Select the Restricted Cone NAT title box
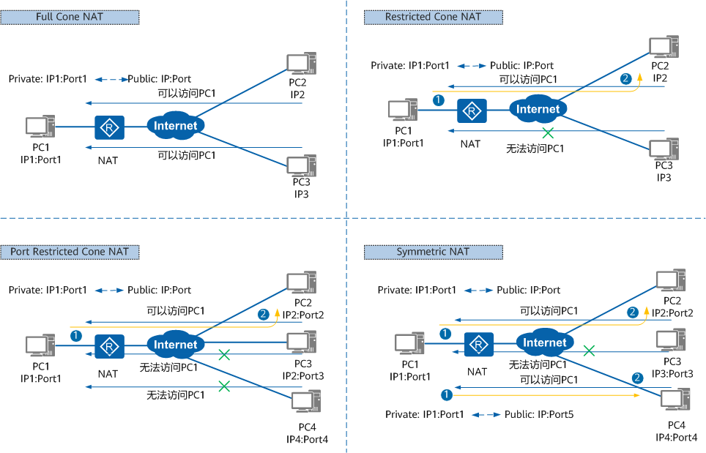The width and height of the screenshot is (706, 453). (x=433, y=16)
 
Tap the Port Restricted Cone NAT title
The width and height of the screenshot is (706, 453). (x=70, y=252)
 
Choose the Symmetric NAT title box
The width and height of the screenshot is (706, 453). (x=433, y=252)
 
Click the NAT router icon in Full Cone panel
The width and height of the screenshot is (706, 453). (x=110, y=128)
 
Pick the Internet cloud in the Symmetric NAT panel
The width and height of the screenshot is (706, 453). (x=545, y=342)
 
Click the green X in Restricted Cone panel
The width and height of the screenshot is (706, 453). (x=547, y=133)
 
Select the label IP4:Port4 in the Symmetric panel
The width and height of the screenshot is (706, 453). (x=678, y=437)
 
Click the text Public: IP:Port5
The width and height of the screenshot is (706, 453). (x=539, y=415)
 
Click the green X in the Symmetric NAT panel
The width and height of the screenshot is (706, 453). (x=588, y=351)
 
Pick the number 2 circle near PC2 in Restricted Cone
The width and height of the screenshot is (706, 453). (x=625, y=78)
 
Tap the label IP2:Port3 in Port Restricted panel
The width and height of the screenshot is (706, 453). (x=303, y=375)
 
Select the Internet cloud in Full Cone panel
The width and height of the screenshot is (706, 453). (x=176, y=125)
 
